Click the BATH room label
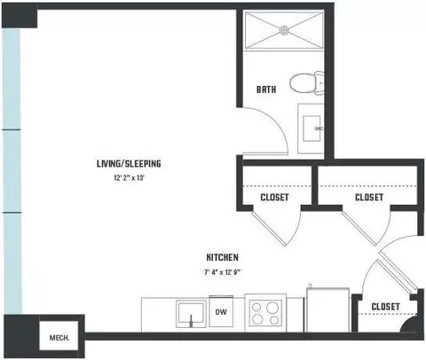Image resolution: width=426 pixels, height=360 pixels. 266,90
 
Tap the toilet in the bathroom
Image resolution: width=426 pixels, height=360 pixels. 306,83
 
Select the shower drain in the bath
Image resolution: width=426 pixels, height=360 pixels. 284,30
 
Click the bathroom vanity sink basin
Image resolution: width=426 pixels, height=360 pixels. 312,129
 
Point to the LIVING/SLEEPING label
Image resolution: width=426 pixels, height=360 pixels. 129,163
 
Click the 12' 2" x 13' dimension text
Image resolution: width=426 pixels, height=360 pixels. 129,178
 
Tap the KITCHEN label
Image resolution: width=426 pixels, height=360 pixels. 222,257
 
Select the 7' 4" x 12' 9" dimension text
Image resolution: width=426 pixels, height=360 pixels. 222,272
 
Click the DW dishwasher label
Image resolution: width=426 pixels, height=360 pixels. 221,312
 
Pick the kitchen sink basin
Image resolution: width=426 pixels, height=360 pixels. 191,314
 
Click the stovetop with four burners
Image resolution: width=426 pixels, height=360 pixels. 265,313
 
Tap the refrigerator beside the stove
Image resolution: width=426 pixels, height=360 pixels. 327,309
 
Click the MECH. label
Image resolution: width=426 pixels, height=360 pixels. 59,338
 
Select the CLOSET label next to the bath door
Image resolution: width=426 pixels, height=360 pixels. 274,197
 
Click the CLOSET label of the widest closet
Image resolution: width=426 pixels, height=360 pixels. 369,197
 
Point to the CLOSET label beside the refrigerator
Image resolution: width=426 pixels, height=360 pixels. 385,307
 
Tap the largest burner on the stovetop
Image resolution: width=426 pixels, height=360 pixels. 272,308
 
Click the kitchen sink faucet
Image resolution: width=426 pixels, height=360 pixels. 191,321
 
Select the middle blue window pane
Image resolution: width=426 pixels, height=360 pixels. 12,171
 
